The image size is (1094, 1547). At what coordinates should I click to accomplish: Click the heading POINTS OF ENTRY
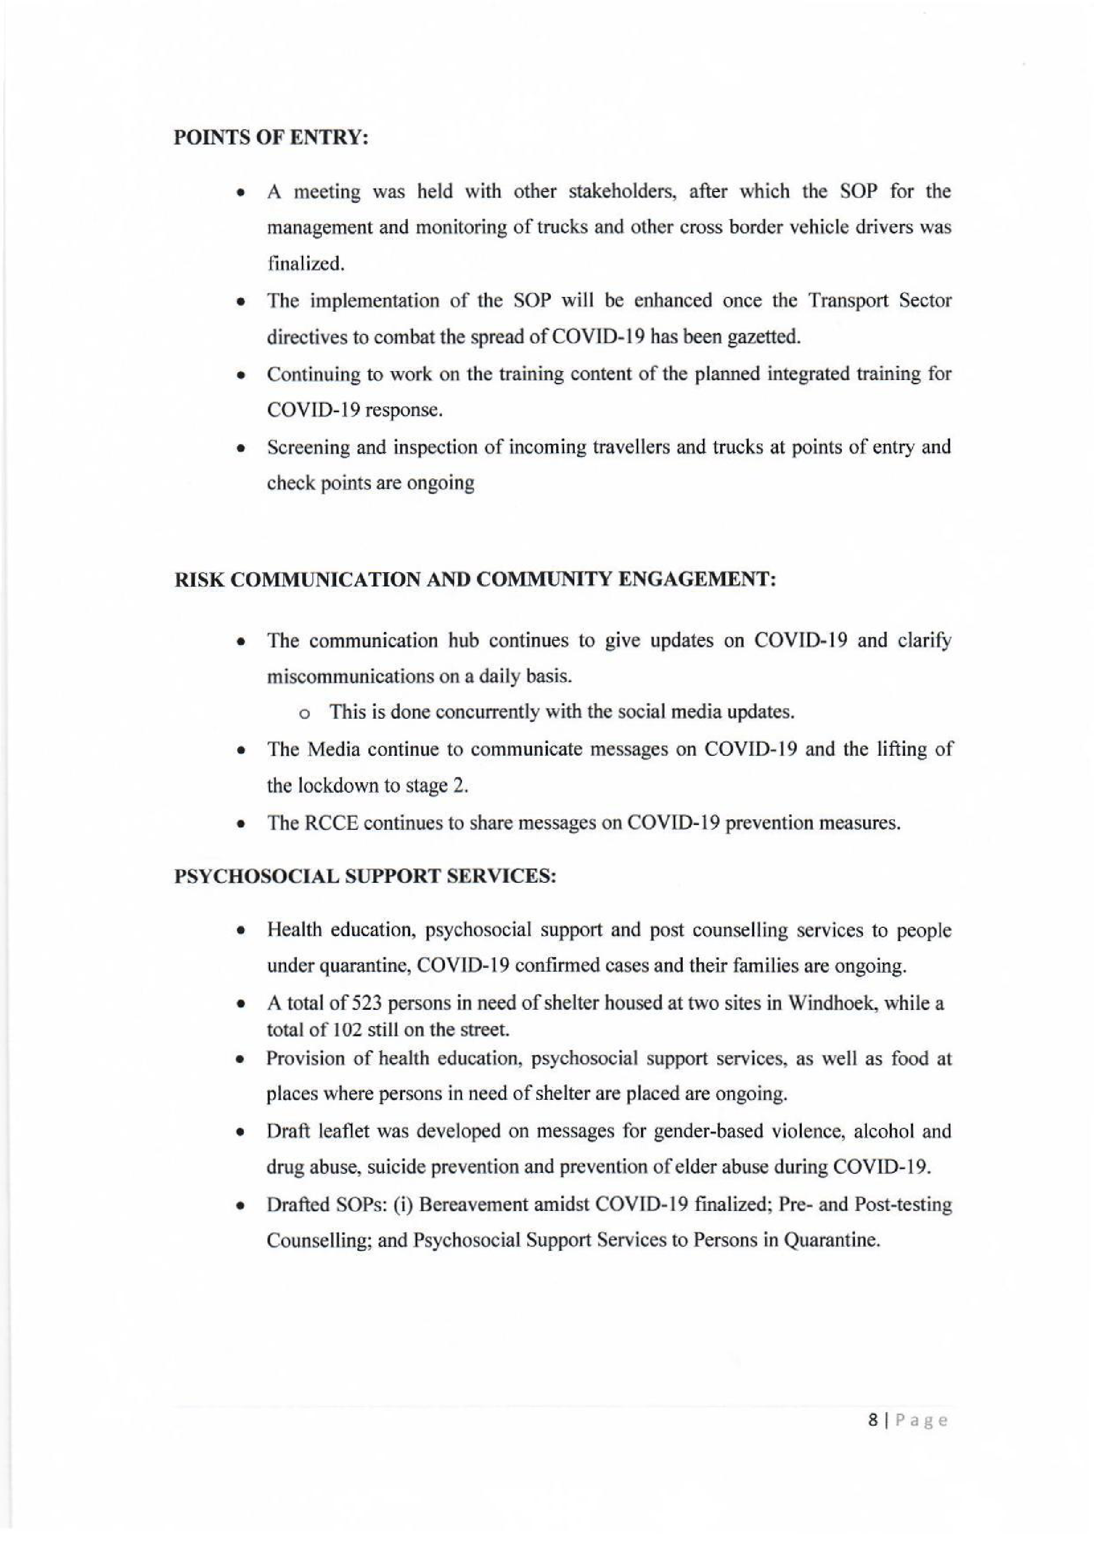pos(272,138)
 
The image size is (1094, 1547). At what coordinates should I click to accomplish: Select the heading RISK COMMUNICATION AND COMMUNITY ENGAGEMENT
pos(476,581)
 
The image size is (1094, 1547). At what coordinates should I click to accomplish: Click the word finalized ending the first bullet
pos(306,264)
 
